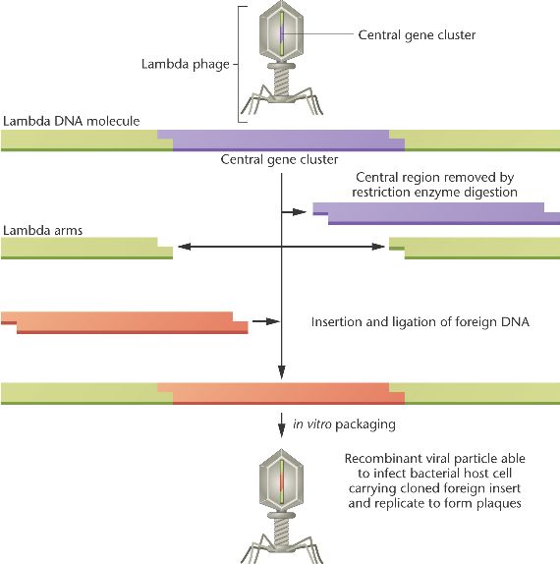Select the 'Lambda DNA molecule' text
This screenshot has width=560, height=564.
(x=71, y=121)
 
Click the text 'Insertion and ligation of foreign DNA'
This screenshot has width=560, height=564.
(x=420, y=321)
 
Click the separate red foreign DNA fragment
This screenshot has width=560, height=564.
(x=125, y=322)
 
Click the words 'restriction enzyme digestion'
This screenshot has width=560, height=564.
(x=434, y=192)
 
